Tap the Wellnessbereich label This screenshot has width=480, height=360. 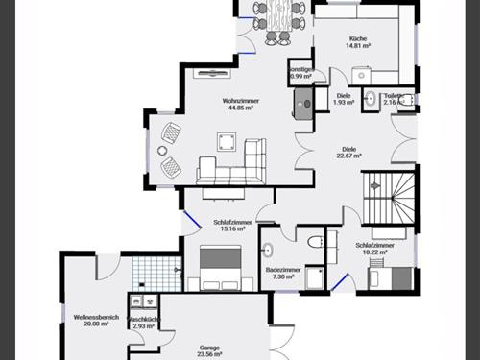pyautogui.click(x=95, y=320)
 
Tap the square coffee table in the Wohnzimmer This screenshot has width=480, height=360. pyautogui.click(x=227, y=141)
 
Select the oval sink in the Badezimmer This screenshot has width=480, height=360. pyautogui.click(x=268, y=252)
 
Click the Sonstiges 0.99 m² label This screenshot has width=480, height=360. pyautogui.click(x=301, y=72)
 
